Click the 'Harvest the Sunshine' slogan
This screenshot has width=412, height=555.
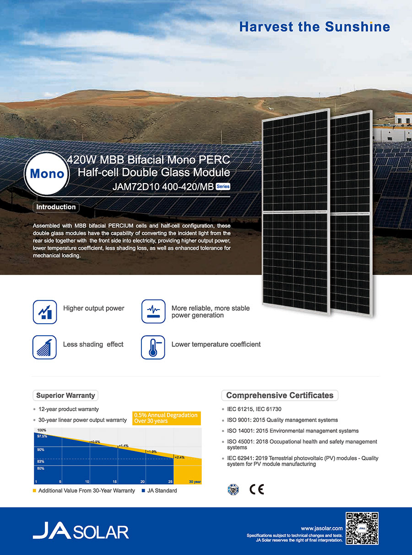(x=314, y=27)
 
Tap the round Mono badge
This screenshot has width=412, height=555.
(x=47, y=173)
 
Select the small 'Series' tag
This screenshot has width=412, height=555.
(x=222, y=186)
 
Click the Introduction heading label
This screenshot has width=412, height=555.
(x=56, y=207)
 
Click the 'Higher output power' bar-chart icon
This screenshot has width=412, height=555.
(x=45, y=312)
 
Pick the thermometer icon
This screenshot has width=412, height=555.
(x=153, y=347)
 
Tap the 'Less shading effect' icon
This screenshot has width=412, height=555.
(x=44, y=347)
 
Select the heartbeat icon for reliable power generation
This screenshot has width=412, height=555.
(x=153, y=311)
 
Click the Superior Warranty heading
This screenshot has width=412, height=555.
(x=65, y=395)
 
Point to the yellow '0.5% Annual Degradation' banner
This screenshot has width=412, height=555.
(x=166, y=418)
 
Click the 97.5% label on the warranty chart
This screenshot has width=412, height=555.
(x=42, y=436)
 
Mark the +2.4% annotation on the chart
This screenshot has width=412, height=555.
(x=179, y=457)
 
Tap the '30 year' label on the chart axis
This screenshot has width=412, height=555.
(x=195, y=482)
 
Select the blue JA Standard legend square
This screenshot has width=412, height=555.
(x=143, y=491)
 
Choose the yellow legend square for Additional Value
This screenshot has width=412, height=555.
(x=34, y=491)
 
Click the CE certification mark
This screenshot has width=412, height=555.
(x=257, y=490)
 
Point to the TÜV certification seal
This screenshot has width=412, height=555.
(x=233, y=490)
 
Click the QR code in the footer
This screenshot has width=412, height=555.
(x=362, y=528)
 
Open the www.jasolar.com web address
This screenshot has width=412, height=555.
(x=322, y=528)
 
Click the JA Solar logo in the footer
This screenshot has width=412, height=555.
(x=81, y=530)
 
